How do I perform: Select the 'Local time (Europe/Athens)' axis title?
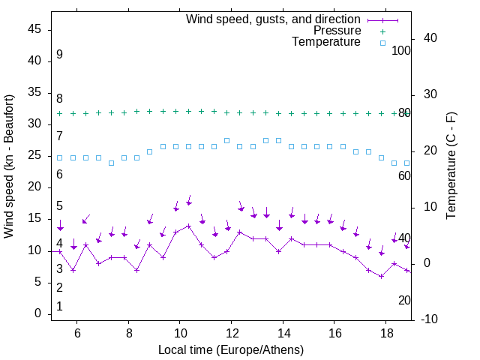tap(231, 349)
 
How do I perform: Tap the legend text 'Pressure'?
tap(337, 31)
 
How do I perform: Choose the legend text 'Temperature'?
tap(326, 42)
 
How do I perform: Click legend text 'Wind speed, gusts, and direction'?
tap(274, 19)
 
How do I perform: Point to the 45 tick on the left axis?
tap(37, 29)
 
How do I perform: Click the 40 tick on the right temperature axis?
tap(430, 38)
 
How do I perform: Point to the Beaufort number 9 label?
tap(59, 55)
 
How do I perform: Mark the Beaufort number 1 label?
tap(59, 306)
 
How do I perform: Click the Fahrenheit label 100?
tap(402, 50)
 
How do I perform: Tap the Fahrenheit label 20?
tap(404, 300)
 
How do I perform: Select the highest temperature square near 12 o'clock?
tap(227, 140)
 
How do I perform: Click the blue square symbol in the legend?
tap(382, 43)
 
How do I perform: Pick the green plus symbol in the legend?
tap(382, 31)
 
